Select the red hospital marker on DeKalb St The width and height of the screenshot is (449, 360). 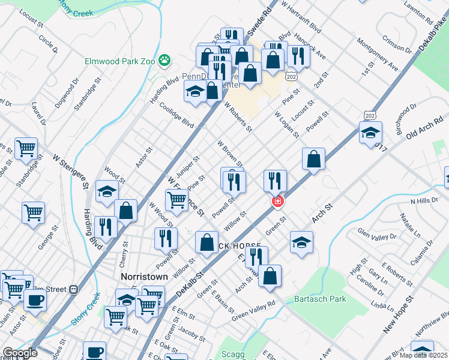click(x=277, y=202)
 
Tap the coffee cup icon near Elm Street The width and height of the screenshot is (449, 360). click(x=35, y=299)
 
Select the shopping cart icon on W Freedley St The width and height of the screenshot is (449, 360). click(x=176, y=200)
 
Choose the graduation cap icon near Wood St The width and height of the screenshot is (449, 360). click(x=107, y=191)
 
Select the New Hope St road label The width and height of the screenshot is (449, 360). click(x=398, y=314)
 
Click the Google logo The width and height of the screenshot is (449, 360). click(x=20, y=353)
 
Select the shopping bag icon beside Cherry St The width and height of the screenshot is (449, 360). click(x=125, y=211)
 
